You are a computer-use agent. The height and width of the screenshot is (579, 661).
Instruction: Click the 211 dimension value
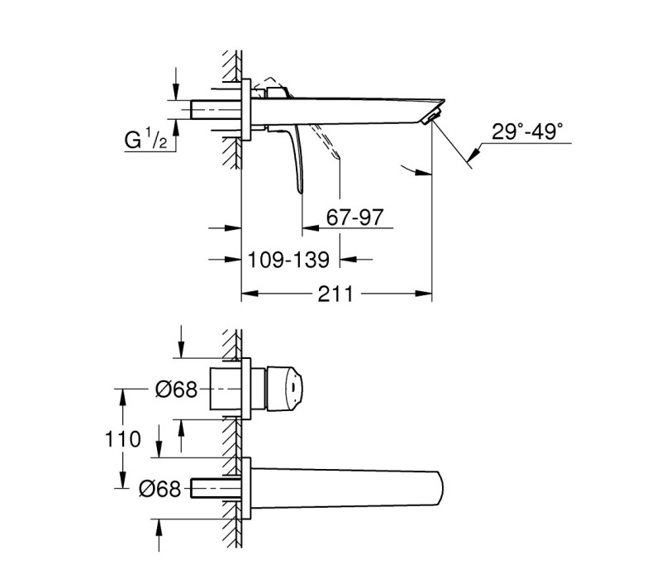[335, 294]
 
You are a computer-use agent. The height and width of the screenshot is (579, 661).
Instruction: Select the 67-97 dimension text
[354, 218]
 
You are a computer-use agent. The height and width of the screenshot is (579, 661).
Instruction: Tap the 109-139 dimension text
[288, 260]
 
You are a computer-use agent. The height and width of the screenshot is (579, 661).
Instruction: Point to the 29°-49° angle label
[527, 132]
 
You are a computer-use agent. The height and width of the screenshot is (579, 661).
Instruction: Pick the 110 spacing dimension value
[122, 439]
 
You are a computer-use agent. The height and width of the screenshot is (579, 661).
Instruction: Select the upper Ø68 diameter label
[176, 389]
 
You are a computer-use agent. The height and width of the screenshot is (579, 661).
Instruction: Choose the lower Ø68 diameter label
[159, 489]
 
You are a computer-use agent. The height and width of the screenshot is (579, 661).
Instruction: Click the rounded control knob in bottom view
[284, 388]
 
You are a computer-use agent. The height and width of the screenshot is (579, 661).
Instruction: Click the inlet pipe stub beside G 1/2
[216, 109]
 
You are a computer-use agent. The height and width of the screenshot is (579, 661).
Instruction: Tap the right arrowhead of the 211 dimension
[423, 294]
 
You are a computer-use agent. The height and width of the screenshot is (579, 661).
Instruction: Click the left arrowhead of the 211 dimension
[250, 294]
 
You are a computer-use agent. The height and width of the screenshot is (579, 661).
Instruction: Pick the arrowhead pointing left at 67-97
[311, 228]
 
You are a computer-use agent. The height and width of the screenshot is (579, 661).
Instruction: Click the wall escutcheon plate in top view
[246, 109]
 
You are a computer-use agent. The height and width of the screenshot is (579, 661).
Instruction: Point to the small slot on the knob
[292, 388]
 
